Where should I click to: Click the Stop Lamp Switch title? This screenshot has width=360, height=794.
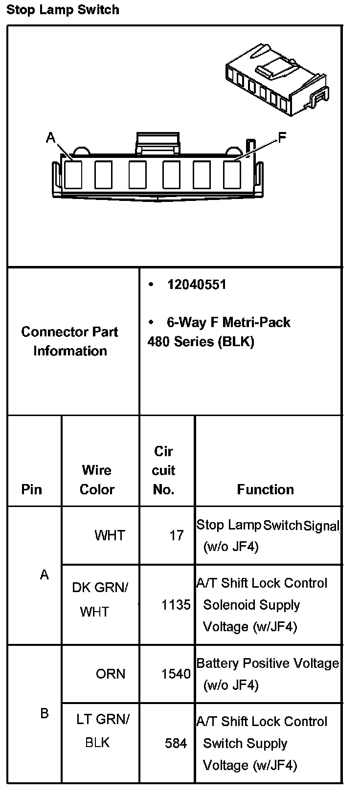(63, 10)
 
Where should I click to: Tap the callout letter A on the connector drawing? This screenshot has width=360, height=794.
(50, 138)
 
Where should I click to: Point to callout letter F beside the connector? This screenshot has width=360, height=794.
(282, 138)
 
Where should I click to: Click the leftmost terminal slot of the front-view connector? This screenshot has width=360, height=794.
(73, 175)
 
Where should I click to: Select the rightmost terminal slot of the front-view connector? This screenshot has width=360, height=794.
(232, 175)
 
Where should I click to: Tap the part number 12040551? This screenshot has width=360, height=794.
(197, 285)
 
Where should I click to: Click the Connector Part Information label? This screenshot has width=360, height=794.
(70, 341)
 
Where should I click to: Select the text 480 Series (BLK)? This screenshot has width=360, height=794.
(201, 341)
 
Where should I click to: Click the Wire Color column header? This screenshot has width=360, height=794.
(97, 480)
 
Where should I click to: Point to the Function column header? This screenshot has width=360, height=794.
(265, 489)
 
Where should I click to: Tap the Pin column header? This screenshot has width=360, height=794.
(31, 489)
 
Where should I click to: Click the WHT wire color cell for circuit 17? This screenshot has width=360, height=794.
(110, 535)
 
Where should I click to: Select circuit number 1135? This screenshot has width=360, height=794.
(176, 605)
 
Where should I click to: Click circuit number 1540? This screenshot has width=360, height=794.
(176, 674)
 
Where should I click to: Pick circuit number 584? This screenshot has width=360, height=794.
(176, 744)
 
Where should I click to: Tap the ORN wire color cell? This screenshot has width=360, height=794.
(111, 674)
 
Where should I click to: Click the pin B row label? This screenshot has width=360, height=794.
(45, 713)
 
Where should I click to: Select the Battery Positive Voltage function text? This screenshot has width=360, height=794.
(268, 663)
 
